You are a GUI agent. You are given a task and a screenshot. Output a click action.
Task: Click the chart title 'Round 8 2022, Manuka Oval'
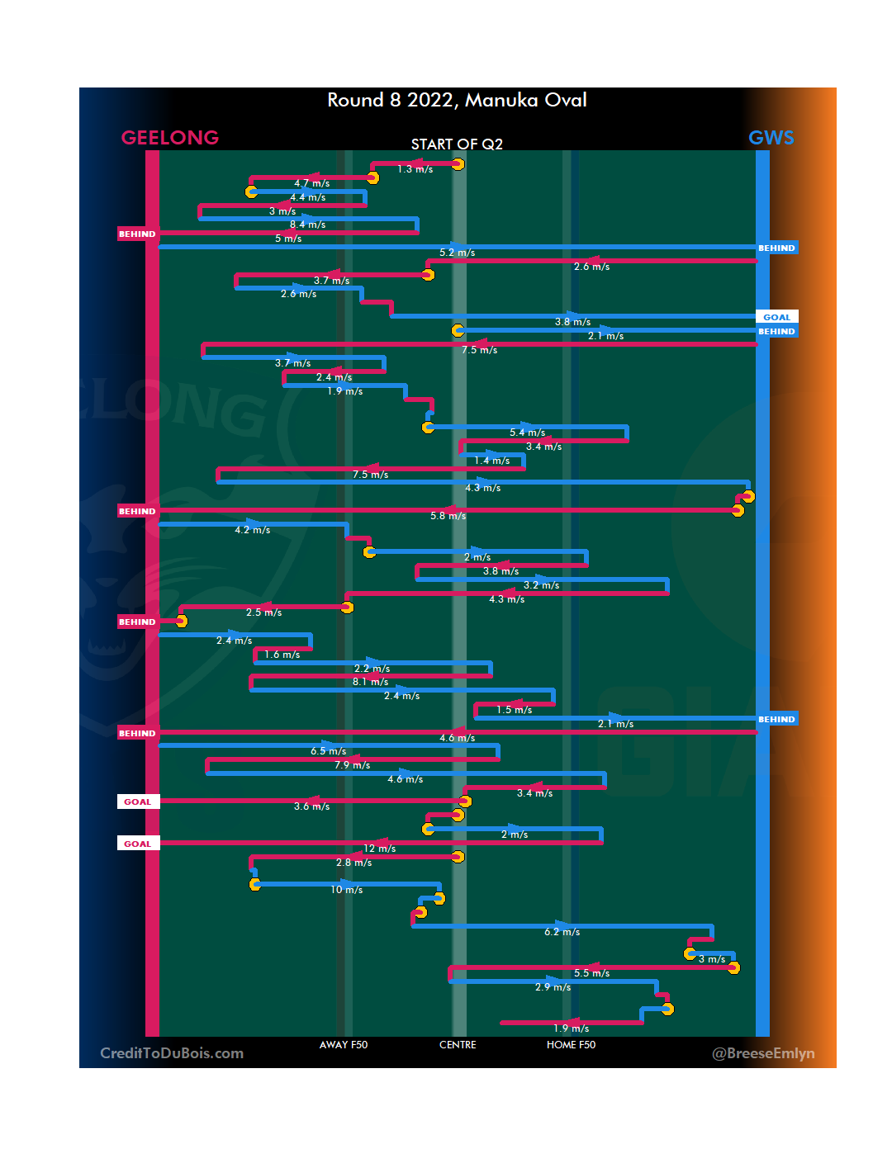tap(457, 101)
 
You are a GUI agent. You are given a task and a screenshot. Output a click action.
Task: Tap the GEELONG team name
tap(170, 138)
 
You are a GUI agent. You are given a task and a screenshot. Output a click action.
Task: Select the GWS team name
tap(771, 138)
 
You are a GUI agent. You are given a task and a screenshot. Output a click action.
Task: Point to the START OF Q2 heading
tap(457, 144)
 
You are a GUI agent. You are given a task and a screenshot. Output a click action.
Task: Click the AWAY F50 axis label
tap(344, 1045)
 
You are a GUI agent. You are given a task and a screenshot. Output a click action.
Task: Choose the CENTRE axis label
tap(458, 1045)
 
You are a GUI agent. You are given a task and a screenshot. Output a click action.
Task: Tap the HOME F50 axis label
tap(571, 1045)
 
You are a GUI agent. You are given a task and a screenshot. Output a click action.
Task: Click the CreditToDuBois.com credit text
tap(172, 1053)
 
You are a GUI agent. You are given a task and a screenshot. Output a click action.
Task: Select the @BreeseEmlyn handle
tap(763, 1053)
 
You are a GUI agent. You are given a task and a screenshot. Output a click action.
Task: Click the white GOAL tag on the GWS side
tap(776, 317)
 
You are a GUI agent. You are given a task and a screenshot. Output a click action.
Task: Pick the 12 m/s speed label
tap(380, 849)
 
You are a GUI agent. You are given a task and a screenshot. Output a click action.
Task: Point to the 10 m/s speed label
tap(347, 890)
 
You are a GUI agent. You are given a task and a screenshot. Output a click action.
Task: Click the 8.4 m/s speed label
tap(307, 225)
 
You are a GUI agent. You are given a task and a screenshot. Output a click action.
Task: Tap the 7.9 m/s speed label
tap(352, 765)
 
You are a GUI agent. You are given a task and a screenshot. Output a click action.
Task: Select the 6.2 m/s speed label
tap(562, 932)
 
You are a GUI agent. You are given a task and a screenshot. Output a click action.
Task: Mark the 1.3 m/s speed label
tap(415, 169)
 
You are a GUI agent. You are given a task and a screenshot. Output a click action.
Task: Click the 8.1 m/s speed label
tap(370, 682)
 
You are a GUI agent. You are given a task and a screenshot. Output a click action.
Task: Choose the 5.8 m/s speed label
tap(448, 516)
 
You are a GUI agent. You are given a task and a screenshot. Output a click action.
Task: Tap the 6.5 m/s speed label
tap(328, 751)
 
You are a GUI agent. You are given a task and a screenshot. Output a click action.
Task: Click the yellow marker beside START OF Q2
tap(458, 164)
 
